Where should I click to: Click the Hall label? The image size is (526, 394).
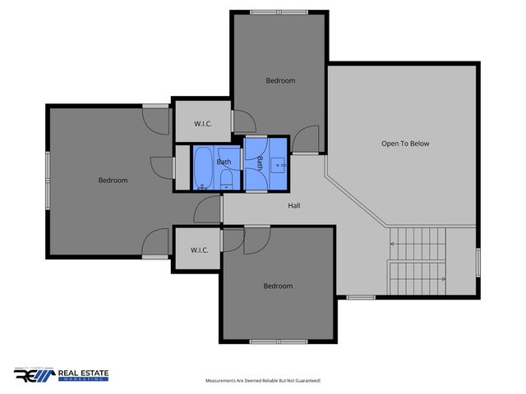(293, 205)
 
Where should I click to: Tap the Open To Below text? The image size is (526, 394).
(404, 144)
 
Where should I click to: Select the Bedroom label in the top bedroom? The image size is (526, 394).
(280, 80)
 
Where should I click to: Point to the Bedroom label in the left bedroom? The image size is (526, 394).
(113, 181)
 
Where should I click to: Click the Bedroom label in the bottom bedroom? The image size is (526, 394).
(277, 286)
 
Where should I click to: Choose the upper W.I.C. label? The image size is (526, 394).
(203, 124)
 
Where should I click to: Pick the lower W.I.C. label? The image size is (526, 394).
(198, 250)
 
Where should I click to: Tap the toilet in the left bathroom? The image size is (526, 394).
(227, 180)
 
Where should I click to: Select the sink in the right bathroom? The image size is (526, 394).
(279, 165)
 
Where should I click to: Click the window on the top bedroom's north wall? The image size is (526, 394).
(280, 11)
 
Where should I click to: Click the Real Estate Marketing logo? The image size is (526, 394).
(62, 374)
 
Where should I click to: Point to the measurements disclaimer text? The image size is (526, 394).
(262, 381)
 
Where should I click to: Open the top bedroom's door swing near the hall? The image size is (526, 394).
(307, 140)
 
